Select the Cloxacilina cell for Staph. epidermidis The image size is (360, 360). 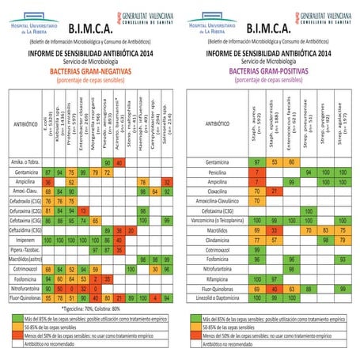tap(274, 191)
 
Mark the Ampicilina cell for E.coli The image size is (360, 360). tap(48, 181)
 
